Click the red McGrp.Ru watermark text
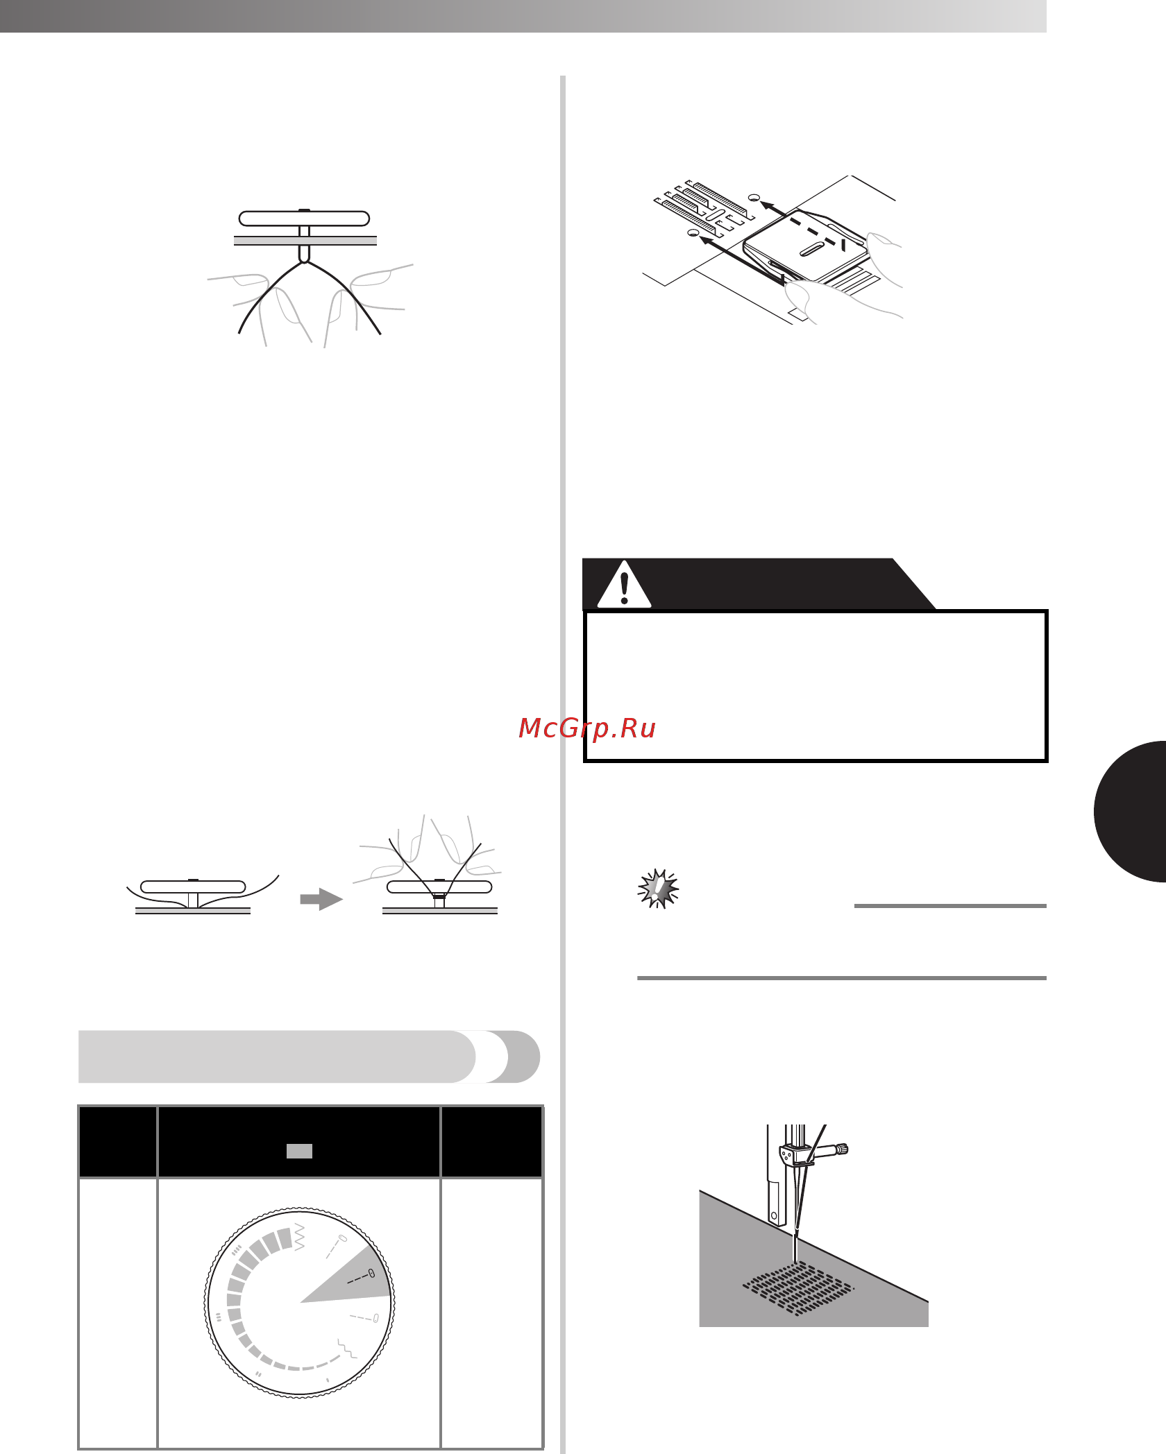587,728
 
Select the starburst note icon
658,889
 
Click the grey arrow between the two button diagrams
321,899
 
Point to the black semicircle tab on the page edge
1131,812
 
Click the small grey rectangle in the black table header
299,1151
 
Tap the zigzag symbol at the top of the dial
300,1237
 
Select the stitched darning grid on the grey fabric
799,1289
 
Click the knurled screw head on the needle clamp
843,1149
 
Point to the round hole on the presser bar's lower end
775,1215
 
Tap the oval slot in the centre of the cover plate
812,250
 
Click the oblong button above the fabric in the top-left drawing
304,219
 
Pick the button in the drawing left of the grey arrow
193,887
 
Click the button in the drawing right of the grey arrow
439,887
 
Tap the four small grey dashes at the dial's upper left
237,1251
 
